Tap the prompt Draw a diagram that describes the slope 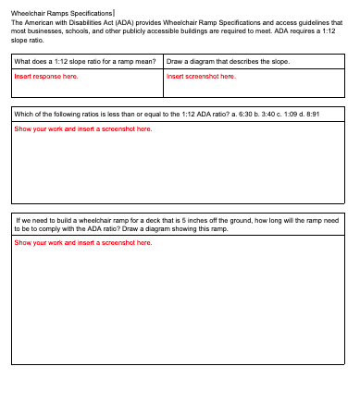click(x=228, y=62)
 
